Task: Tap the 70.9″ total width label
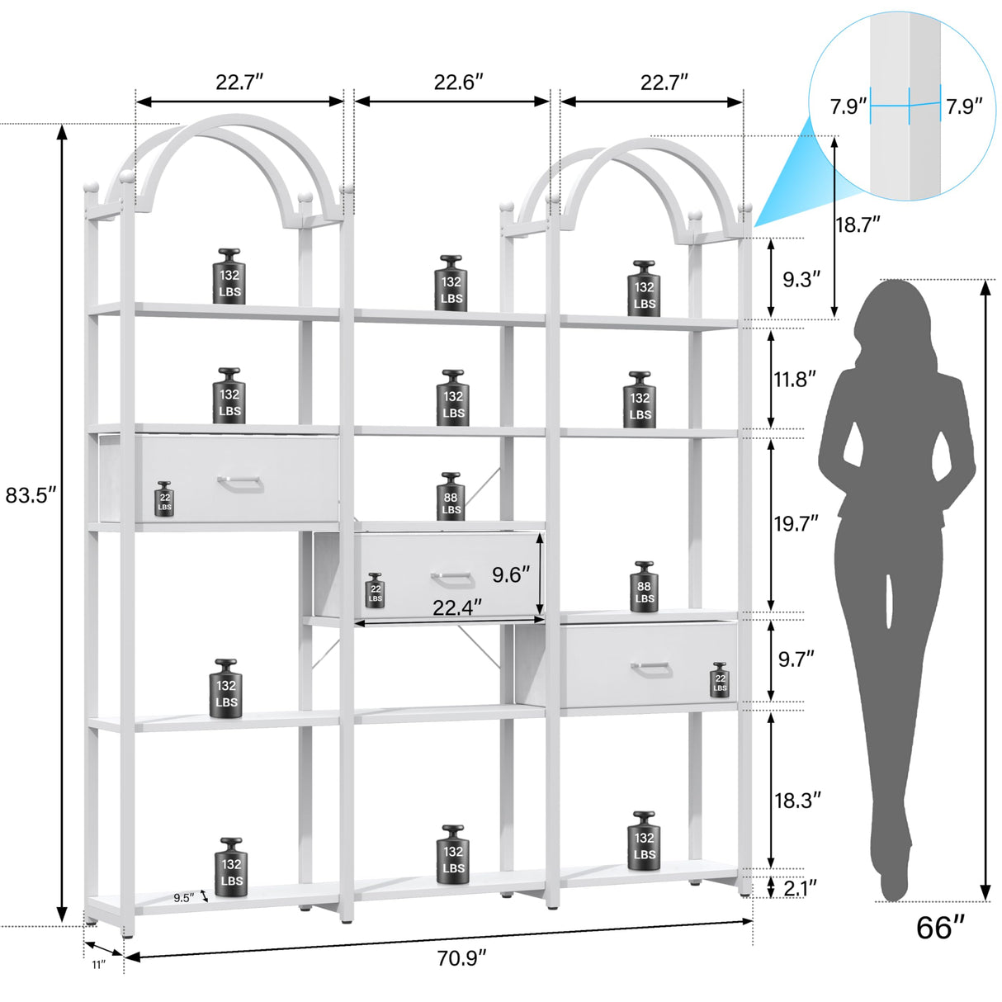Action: click(x=461, y=958)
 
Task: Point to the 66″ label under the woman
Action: click(x=940, y=928)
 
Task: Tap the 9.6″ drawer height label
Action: click(x=512, y=574)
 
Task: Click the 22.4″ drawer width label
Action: click(x=457, y=607)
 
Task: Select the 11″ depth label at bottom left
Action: click(x=99, y=964)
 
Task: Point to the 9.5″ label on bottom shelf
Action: click(x=184, y=898)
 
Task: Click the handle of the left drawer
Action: click(x=240, y=483)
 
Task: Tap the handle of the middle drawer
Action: click(x=451, y=578)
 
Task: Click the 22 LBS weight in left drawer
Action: click(x=165, y=499)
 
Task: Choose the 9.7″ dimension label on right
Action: click(x=796, y=658)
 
